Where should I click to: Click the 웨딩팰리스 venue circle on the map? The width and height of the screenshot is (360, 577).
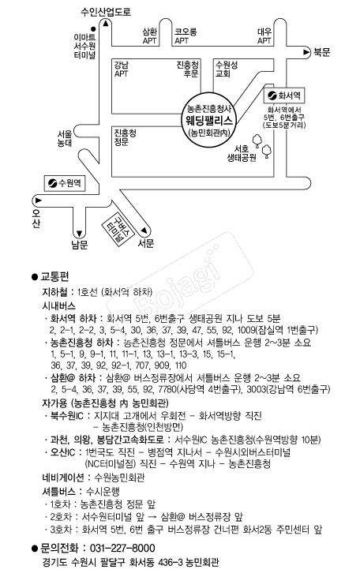tap(208, 120)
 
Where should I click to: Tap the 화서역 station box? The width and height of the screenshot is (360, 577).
tap(284, 96)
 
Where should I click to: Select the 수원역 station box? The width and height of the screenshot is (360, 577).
tap(65, 183)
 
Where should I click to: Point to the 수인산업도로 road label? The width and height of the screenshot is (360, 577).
tap(106, 12)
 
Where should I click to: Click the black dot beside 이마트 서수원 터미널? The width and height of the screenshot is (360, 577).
tap(93, 28)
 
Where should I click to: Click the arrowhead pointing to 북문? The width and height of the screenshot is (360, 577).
tap(306, 52)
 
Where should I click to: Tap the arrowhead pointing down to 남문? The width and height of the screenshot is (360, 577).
tap(79, 234)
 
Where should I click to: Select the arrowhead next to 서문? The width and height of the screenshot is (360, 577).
tap(144, 230)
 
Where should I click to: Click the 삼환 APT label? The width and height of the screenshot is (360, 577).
tap(150, 36)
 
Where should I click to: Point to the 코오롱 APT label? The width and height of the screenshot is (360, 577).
tap(186, 36)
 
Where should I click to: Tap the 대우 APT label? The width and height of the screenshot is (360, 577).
tap(264, 36)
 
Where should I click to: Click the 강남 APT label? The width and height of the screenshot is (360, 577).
tap(122, 69)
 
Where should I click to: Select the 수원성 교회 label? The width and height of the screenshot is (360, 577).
tap(227, 69)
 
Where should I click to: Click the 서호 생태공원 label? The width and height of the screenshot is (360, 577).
tap(242, 153)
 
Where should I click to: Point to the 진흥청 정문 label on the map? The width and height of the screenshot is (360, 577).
tap(125, 137)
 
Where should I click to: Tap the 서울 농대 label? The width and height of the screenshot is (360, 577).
tap(65, 138)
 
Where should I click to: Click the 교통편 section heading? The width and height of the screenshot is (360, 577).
tap(54, 276)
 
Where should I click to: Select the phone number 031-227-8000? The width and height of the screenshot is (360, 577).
tap(122, 548)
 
